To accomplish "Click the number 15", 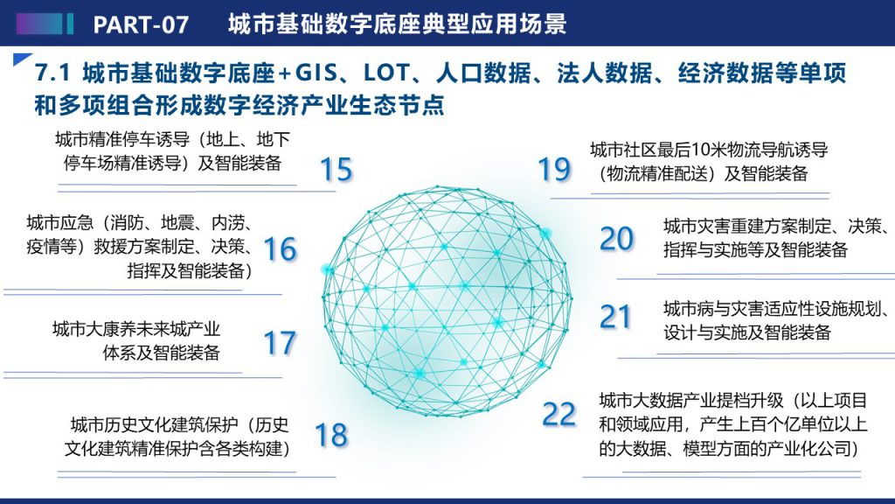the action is [336, 169].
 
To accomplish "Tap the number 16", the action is [281, 249].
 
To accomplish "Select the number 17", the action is [280, 343].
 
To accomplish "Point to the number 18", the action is [331, 435].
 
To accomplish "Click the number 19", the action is [554, 169].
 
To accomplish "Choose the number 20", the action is [616, 239].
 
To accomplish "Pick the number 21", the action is [614, 317].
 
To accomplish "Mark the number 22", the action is [559, 414].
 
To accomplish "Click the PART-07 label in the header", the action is [141, 24].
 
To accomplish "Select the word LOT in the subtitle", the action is [386, 73].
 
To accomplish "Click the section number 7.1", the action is [52, 73].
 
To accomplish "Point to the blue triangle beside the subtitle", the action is [21, 59].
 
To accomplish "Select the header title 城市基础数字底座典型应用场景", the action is [398, 24].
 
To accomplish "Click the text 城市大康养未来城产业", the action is [136, 329].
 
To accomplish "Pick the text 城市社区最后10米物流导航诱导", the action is [709, 150].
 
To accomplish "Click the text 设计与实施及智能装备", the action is [746, 332].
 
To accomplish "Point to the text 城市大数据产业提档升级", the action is [691, 400].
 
